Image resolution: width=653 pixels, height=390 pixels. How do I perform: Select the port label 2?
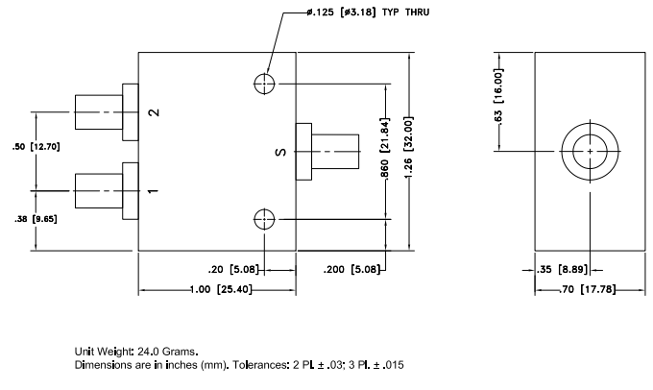coord(153,112)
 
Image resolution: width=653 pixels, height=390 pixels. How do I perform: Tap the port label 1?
coord(153,190)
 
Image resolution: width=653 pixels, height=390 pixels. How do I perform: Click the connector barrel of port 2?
coord(97,112)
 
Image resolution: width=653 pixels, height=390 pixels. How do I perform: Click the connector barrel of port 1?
coord(97,190)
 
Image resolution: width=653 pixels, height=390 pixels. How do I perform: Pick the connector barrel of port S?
coord(336,152)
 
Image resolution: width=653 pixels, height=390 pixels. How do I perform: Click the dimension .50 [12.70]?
coord(35,147)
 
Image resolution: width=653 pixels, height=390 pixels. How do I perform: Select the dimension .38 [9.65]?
coord(35,220)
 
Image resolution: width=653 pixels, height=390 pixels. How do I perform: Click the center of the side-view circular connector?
coord(587,151)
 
